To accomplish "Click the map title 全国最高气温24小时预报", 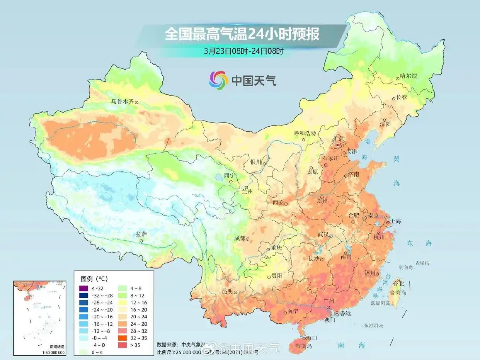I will pyautogui.click(x=242, y=34).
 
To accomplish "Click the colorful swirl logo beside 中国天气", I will pyautogui.click(x=219, y=80).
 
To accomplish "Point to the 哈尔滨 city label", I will pyautogui.click(x=409, y=76).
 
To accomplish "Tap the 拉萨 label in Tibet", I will pyautogui.click(x=141, y=234).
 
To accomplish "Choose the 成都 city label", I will pyautogui.click(x=240, y=238).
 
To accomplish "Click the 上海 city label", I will pyautogui.click(x=396, y=221).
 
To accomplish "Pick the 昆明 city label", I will pyautogui.click(x=227, y=291).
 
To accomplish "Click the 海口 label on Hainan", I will pyautogui.click(x=311, y=338).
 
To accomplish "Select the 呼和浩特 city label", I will pyautogui.click(x=305, y=133).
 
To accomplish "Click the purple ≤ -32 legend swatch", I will pyautogui.click(x=83, y=288).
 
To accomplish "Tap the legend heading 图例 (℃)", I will pyautogui.click(x=94, y=278).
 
